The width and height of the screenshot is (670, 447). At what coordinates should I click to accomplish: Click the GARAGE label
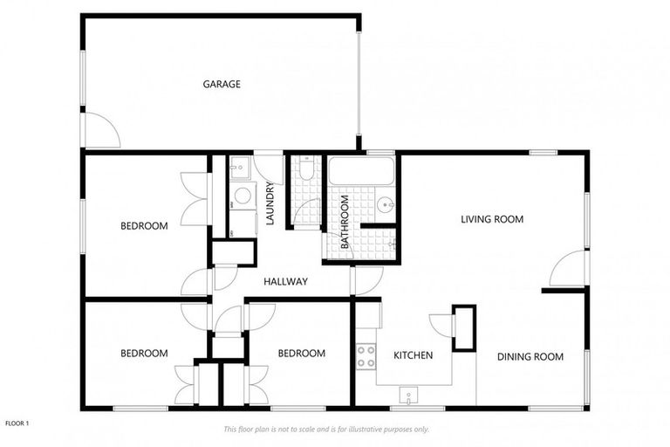[222, 85]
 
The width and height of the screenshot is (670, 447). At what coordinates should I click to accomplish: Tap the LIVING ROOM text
[492, 219]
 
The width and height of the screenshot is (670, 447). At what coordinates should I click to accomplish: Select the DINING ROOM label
[530, 356]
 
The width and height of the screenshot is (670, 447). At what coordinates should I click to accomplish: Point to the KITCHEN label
[413, 356]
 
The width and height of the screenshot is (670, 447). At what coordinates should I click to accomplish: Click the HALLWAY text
[285, 282]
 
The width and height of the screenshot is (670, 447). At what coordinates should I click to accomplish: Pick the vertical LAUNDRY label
[270, 203]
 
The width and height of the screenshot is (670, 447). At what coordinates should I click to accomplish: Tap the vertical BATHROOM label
[345, 222]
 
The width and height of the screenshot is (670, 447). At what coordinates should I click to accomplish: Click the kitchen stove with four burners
[366, 355]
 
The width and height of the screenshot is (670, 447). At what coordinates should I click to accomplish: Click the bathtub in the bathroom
[362, 171]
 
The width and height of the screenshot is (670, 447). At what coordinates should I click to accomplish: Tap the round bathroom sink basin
[386, 206]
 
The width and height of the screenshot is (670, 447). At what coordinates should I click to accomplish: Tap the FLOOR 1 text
[17, 423]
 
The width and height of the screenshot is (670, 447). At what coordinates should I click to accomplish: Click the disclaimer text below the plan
[326, 430]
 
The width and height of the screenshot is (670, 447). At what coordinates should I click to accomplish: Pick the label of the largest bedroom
[144, 226]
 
